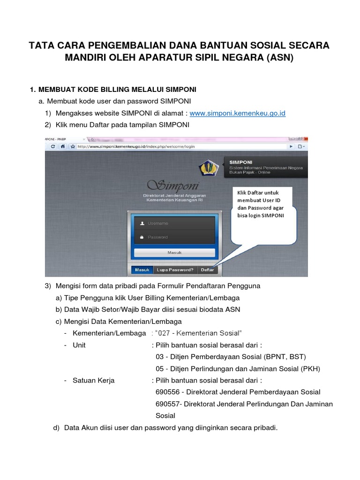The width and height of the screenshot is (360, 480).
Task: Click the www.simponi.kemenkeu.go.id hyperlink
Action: click(x=237, y=113)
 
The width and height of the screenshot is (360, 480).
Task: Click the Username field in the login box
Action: click(x=174, y=224)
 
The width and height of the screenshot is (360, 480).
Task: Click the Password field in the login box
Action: click(x=174, y=237)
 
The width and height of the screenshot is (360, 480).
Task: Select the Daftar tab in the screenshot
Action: click(x=207, y=270)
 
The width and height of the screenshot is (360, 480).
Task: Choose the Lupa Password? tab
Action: click(x=175, y=270)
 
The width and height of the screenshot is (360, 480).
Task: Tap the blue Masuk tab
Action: click(x=142, y=270)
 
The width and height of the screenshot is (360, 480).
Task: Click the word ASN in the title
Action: click(x=278, y=59)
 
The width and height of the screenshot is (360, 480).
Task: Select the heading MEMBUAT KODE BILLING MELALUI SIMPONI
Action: click(x=117, y=89)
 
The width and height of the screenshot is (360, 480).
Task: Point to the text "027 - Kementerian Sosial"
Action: click(x=198, y=333)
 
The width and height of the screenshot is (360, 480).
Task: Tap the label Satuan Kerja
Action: click(x=93, y=380)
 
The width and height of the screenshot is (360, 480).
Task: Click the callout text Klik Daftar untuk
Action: click(x=258, y=193)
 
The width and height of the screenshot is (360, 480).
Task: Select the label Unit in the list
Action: click(x=79, y=345)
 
